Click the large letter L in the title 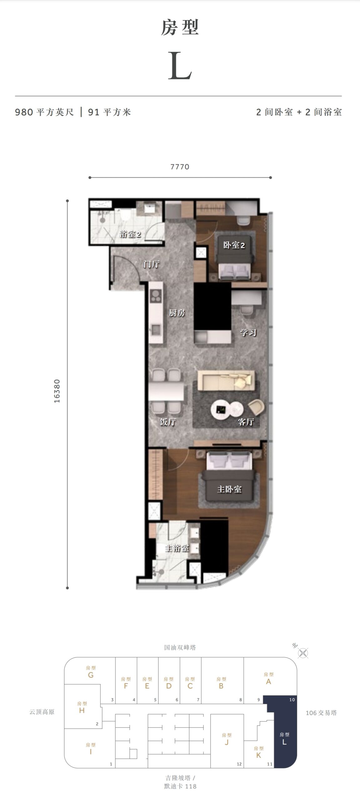[180, 65]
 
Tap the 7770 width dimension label [180, 167]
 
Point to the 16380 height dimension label [57, 391]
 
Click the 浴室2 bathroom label [130, 234]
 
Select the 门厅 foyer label [152, 264]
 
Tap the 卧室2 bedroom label [234, 245]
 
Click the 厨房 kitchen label [177, 313]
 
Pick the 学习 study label [248, 332]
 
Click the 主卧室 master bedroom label [229, 489]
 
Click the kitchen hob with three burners [155, 295]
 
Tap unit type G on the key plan [91, 675]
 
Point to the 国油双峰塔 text [180, 647]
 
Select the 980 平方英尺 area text [44, 112]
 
